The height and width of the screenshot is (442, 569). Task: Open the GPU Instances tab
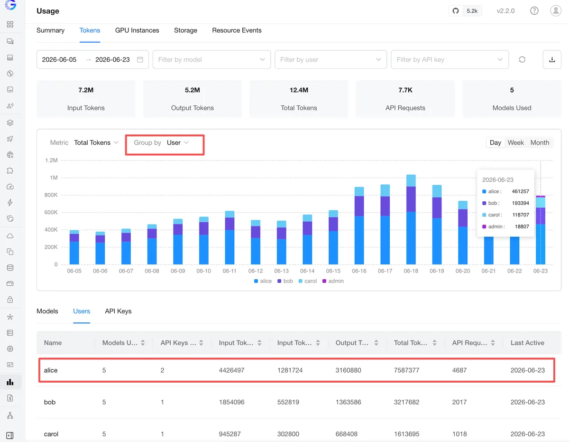tap(137, 30)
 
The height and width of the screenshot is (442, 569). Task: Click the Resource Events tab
tap(237, 30)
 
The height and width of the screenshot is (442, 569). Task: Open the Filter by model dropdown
tap(211, 59)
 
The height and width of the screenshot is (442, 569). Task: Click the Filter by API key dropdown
tap(450, 59)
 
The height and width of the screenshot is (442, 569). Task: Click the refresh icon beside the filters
tap(522, 59)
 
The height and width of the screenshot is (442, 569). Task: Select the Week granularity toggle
tap(515, 142)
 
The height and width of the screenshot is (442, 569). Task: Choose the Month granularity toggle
tap(540, 142)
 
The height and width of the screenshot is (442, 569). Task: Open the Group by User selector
tap(165, 142)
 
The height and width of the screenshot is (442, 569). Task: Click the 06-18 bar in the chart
tap(411, 219)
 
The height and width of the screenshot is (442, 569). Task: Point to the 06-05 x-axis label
tap(74, 271)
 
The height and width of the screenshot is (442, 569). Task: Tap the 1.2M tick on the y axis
tap(51, 160)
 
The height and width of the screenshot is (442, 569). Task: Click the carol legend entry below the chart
tap(308, 281)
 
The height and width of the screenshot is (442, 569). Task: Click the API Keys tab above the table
tap(118, 311)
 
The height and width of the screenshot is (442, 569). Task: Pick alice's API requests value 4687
tap(459, 370)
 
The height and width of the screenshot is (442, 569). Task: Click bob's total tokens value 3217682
tap(406, 402)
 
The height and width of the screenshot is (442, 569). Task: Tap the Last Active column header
tap(527, 343)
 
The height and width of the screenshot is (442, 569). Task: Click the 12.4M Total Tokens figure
tap(299, 90)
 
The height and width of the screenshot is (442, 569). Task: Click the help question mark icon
tap(534, 11)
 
